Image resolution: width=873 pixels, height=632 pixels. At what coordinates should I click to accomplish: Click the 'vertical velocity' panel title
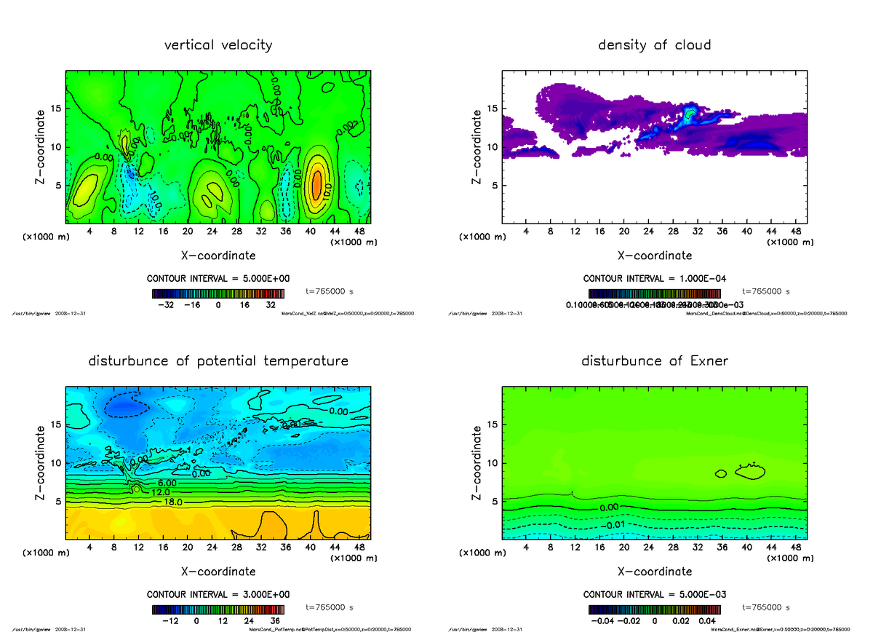(x=218, y=45)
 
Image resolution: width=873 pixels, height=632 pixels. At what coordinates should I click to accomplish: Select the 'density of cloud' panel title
(x=654, y=45)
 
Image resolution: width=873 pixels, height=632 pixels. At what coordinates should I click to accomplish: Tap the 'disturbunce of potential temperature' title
(x=218, y=361)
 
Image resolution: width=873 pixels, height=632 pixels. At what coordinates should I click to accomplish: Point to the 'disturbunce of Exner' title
(x=654, y=361)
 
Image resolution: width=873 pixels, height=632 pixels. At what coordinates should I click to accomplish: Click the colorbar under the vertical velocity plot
(x=218, y=293)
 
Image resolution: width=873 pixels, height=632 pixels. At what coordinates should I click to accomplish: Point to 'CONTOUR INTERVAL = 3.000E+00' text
(x=218, y=594)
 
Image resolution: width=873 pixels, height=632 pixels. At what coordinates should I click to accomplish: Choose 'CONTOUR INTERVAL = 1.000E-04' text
(x=655, y=278)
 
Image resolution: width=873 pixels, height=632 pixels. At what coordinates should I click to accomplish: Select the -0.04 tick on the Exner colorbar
(x=599, y=621)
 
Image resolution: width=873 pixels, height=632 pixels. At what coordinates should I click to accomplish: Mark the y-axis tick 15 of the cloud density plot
(x=492, y=109)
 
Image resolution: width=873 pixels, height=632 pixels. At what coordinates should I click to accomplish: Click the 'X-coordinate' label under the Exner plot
(x=655, y=572)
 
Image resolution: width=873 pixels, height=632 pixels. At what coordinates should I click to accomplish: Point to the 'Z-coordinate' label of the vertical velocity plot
(x=42, y=146)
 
